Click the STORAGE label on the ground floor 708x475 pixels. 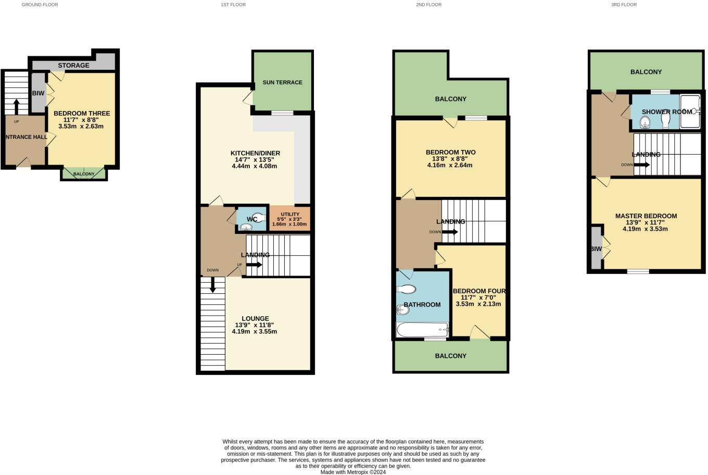[x=73, y=66]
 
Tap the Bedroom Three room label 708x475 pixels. [x=81, y=114]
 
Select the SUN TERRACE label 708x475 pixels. [x=282, y=82]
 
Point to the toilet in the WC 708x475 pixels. [x=258, y=219]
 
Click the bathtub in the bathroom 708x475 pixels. [x=422, y=330]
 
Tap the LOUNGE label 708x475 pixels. [x=255, y=319]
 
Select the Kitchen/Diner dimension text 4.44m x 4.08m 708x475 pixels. [x=255, y=166]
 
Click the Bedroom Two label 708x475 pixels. [x=450, y=153]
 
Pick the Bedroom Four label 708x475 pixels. [x=479, y=291]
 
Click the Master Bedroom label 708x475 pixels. [x=646, y=216]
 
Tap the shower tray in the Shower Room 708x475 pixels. [x=691, y=111]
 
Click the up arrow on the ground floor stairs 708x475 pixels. [x=16, y=107]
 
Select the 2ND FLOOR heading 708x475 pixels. [x=428, y=5]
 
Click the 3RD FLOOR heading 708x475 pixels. [x=624, y=5]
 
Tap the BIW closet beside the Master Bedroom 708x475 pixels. [x=596, y=248]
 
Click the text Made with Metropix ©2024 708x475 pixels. [x=353, y=472]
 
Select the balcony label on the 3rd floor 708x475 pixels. [x=646, y=72]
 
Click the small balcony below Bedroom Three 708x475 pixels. [x=84, y=174]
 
